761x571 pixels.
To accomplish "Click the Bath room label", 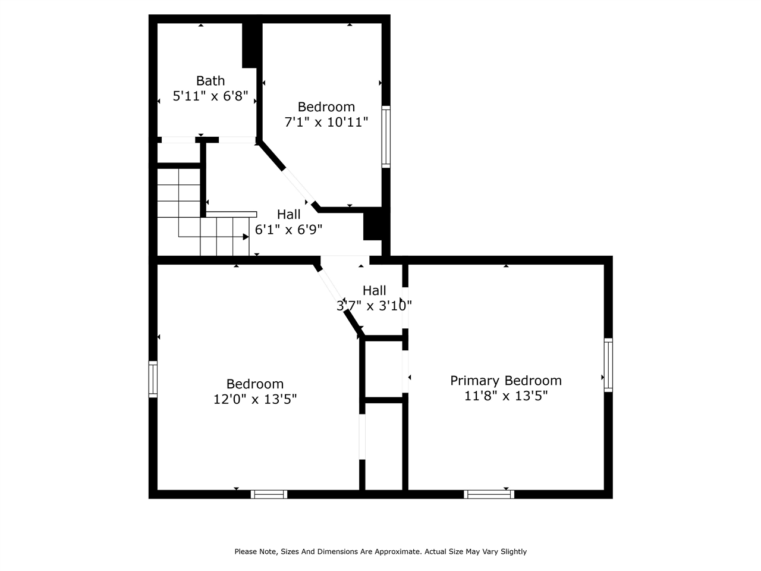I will (x=210, y=80).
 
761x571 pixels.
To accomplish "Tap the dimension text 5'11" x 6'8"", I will (x=210, y=96).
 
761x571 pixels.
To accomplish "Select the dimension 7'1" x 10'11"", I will (x=326, y=122).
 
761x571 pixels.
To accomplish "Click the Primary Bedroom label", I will (x=505, y=381).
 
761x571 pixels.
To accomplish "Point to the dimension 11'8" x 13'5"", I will (x=505, y=396).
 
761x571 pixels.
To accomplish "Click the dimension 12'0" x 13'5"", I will (x=255, y=399).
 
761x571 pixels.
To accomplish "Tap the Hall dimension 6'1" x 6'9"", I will (x=288, y=230).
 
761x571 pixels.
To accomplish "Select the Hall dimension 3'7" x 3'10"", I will (x=374, y=306).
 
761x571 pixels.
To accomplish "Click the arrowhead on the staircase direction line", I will (x=246, y=237).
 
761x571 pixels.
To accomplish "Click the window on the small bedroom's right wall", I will (x=386, y=137).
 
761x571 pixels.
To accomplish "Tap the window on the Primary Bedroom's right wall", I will (x=608, y=365).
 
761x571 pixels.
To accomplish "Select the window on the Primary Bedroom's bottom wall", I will (x=489, y=494).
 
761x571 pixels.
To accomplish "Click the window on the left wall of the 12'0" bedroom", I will (x=153, y=379).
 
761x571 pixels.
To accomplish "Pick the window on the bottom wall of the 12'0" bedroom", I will (x=269, y=494).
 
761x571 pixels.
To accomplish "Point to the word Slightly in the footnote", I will (x=513, y=551).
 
